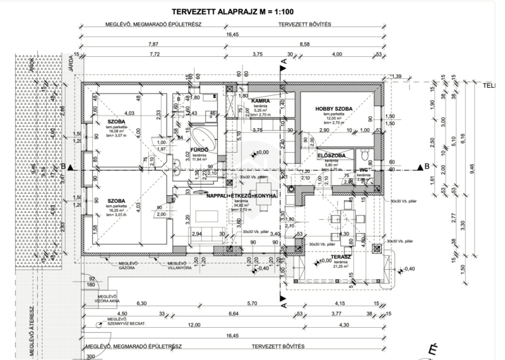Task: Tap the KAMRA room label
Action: tap(261, 100)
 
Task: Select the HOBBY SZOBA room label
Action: tap(333, 109)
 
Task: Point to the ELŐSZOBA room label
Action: tap(330, 155)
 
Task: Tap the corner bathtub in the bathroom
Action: tap(203, 136)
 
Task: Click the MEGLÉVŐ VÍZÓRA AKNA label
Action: tap(109, 299)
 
